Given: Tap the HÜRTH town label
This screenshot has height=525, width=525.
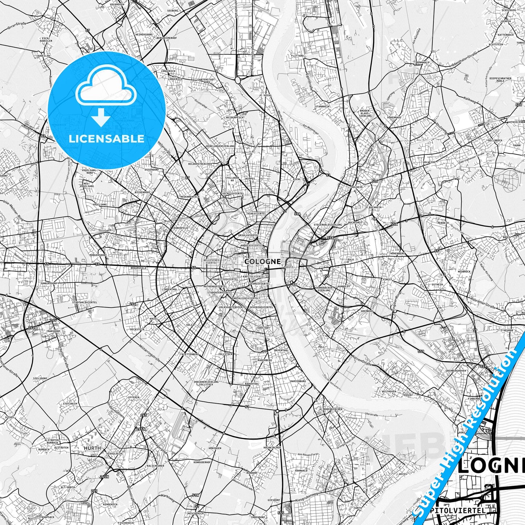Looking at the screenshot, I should click(x=92, y=448).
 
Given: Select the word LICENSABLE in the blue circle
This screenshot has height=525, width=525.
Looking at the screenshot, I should click(x=106, y=138).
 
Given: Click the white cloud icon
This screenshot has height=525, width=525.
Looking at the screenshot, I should click(x=106, y=88).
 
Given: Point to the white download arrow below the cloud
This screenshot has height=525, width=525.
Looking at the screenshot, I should click(x=101, y=117).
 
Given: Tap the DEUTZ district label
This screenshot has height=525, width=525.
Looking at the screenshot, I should click(x=290, y=267).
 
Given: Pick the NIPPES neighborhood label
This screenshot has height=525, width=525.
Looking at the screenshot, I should click(x=250, y=179).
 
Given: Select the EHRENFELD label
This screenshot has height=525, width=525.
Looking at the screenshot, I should click(x=180, y=228).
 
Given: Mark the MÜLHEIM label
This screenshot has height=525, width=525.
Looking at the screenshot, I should click(x=358, y=187).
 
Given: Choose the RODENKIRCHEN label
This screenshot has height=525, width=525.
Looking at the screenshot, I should click(x=332, y=409).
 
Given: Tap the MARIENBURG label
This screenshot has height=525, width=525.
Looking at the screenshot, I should click(x=298, y=381).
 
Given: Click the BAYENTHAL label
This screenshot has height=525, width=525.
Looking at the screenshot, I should click(x=281, y=351).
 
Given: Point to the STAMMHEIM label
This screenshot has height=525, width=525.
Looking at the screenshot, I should click(x=322, y=107).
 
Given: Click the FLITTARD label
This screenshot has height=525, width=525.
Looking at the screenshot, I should click(x=297, y=56).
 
